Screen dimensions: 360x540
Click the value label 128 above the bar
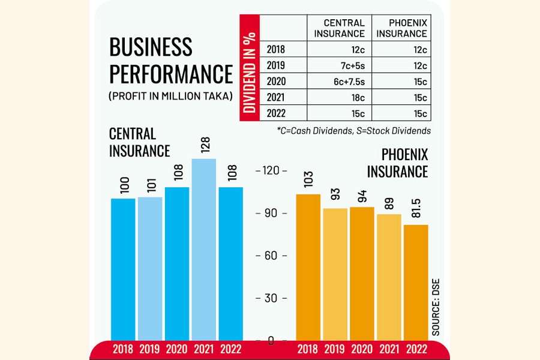click(x=204, y=146)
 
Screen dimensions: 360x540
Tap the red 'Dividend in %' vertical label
click(x=250, y=67)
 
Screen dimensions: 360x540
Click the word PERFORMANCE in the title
click(x=170, y=74)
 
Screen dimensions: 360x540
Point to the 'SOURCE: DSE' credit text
click(x=436, y=306)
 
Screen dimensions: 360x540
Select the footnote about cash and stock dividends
click(x=354, y=130)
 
